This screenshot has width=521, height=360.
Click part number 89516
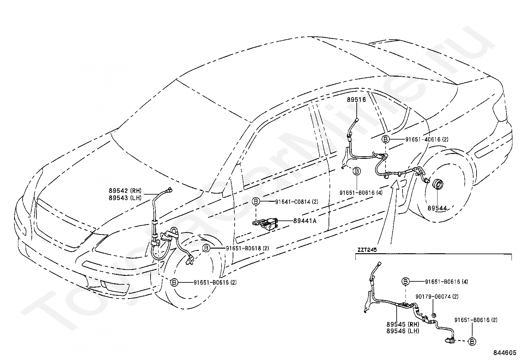click(356, 100)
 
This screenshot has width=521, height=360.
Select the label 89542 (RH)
click(125, 191)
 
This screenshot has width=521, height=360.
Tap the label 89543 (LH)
click(125, 198)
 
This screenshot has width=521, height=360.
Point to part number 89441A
click(305, 221)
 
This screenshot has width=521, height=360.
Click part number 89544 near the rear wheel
click(437, 208)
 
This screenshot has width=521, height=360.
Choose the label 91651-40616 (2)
click(427, 140)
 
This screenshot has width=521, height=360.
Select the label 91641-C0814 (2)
click(296, 202)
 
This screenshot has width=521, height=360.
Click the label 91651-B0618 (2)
click(247, 248)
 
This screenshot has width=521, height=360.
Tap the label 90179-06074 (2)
click(437, 297)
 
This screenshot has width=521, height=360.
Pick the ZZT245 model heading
click(367, 250)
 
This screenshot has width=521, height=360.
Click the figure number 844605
click(505, 353)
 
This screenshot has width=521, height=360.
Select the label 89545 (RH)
click(403, 324)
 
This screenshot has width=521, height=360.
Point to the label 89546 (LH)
click(403, 331)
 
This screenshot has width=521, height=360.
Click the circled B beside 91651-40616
click(386, 139)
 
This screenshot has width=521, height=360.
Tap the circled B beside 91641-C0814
click(256, 201)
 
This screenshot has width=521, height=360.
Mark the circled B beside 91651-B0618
click(206, 248)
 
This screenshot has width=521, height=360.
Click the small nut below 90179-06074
click(433, 316)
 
